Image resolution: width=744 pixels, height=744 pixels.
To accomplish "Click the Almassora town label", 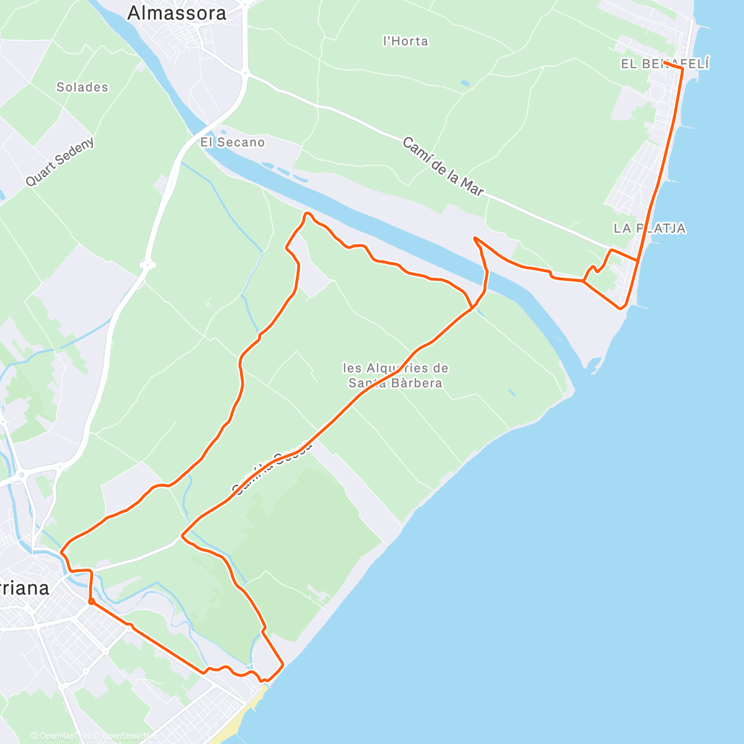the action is coord(177,13).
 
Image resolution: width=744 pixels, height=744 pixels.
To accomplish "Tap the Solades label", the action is coord(82,87).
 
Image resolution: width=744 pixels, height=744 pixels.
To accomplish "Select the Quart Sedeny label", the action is coord(60,161).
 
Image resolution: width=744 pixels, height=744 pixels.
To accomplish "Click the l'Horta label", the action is coord(406,41).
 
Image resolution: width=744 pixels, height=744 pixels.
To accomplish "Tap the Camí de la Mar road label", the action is coord(443,167).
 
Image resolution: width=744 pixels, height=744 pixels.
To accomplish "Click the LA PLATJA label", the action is coord(650,228).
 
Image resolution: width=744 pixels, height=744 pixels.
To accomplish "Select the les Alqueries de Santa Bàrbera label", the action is coord(396,375).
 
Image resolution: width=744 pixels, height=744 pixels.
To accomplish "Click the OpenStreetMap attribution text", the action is coord(127,736).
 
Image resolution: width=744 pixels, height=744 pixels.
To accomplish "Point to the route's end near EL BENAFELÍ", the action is coord(665,63).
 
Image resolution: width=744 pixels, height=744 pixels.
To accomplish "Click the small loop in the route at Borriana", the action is coord(91,601).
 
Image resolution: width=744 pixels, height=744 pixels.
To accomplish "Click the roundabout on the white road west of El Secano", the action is coord(148,265).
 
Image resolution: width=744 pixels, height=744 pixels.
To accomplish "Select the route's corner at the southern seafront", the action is coord(283,665).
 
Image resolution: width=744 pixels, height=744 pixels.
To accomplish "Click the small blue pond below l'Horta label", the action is coord(465,82).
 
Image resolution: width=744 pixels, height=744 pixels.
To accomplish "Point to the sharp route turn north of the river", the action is coord(475,238).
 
